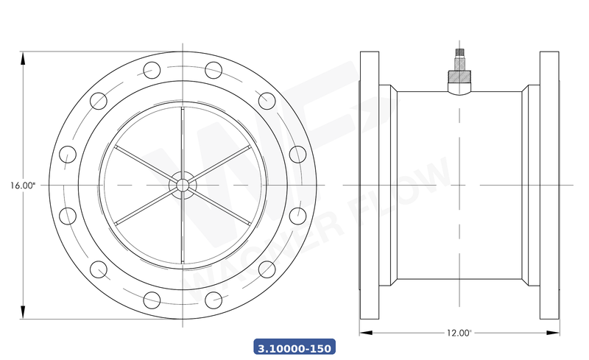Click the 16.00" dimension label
[23, 186]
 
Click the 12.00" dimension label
[459, 333]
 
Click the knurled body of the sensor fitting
[459, 75]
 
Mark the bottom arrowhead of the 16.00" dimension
[24, 314]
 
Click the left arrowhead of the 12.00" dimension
[363, 333]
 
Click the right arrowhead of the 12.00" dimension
[556, 333]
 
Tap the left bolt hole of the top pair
[151, 71]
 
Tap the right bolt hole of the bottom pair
[213, 299]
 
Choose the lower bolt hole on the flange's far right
[297, 216]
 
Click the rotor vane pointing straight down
[181, 228]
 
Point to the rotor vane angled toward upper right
[219, 163]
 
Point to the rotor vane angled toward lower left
[144, 206]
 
